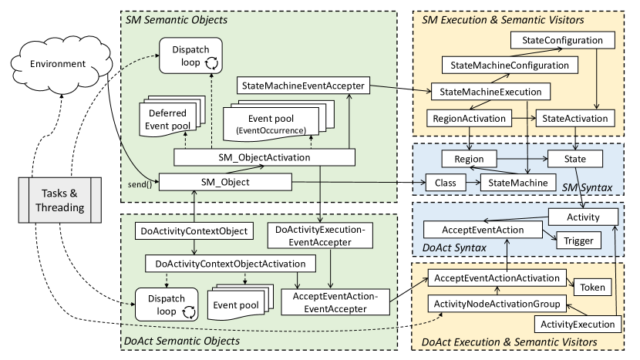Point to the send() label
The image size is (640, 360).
138,186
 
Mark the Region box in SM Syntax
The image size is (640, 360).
469,160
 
